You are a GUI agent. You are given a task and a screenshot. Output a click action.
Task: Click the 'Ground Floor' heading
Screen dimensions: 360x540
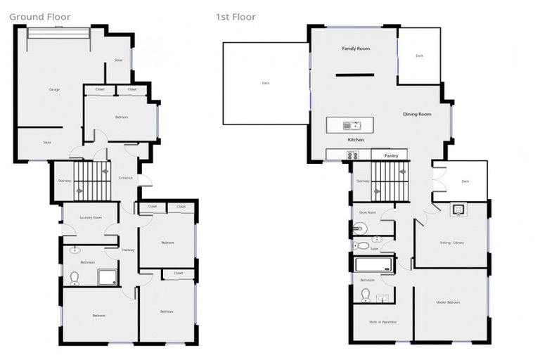pyautogui.click(x=40, y=17)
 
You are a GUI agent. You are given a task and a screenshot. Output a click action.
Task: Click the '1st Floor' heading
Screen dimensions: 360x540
pyautogui.click(x=236, y=17)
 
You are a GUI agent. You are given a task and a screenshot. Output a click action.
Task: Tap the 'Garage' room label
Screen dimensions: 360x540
pyautogui.click(x=54, y=90)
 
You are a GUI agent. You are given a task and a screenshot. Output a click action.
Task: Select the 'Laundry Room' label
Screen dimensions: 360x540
pyautogui.click(x=91, y=217)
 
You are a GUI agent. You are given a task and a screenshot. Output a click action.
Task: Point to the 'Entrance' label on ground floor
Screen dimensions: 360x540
pyautogui.click(x=125, y=177)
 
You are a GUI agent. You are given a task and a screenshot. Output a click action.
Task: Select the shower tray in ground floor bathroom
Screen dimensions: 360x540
pyautogui.click(x=107, y=276)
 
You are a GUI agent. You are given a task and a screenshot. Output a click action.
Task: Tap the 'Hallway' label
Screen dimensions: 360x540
pyautogui.click(x=129, y=250)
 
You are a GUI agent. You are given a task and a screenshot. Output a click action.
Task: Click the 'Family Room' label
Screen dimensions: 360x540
pyautogui.click(x=356, y=49)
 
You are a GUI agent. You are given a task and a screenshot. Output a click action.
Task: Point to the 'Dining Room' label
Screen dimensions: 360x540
pyautogui.click(x=416, y=114)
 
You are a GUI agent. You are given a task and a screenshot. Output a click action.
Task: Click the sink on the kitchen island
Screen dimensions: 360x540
pyautogui.click(x=349, y=126)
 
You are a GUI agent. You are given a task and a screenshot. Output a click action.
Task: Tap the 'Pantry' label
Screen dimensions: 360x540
pyautogui.click(x=391, y=155)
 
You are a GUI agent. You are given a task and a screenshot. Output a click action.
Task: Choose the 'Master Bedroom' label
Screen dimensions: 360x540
pyautogui.click(x=448, y=302)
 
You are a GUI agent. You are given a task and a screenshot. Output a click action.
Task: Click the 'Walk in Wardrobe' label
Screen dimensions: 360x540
pyautogui.click(x=382, y=322)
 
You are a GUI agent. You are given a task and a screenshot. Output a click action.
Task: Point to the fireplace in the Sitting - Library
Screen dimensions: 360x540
pyautogui.click(x=458, y=209)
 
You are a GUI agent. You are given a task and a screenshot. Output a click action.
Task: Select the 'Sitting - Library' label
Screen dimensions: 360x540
pyautogui.click(x=451, y=243)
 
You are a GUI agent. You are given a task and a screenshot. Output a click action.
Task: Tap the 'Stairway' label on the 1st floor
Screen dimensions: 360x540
pyautogui.click(x=363, y=181)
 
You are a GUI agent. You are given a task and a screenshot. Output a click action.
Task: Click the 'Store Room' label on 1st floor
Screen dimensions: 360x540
pyautogui.click(x=368, y=212)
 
